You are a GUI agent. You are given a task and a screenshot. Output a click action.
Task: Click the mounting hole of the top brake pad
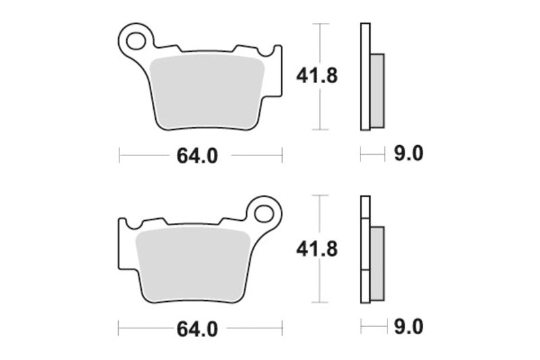coord(136,38)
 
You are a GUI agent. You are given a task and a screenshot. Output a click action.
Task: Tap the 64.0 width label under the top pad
coord(197,156)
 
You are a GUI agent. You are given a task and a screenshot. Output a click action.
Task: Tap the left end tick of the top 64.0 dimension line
coord(119,156)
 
